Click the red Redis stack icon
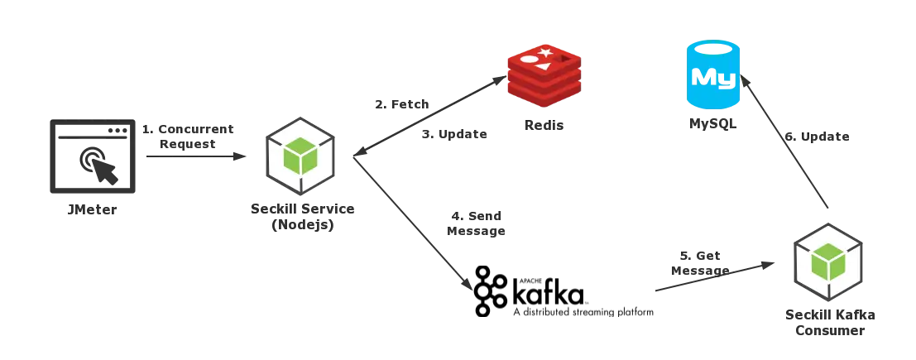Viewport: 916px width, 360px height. point(544,79)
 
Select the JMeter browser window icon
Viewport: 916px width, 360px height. point(91,157)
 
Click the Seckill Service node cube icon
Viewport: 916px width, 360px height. point(300,156)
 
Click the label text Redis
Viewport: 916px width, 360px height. point(544,127)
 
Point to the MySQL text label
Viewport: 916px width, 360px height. point(712,127)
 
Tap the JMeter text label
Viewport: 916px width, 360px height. point(93,210)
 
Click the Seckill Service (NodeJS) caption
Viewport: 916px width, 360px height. point(304,217)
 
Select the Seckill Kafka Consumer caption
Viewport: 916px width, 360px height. point(831,324)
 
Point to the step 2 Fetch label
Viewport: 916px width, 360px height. point(399,105)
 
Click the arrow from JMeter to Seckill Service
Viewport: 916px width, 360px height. point(195,156)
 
